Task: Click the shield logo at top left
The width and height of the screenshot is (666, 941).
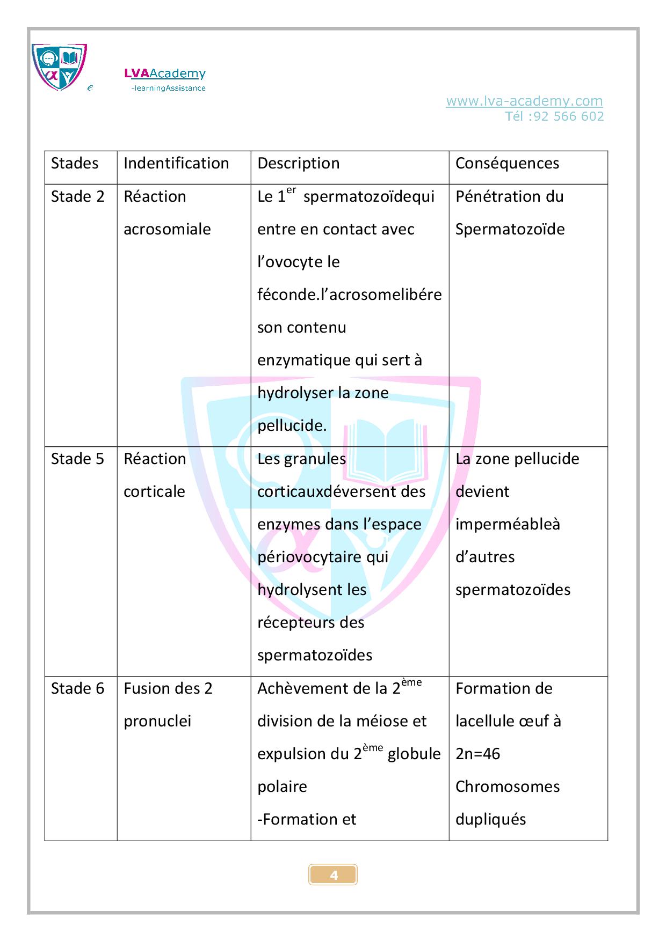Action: [x=59, y=67]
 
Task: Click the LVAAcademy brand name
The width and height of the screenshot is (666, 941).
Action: [x=165, y=73]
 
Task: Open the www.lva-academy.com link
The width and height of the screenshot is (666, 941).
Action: [x=524, y=101]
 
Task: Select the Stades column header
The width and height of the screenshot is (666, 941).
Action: [x=75, y=163]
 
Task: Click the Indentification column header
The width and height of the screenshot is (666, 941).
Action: [x=176, y=163]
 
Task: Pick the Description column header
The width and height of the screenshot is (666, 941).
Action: [x=299, y=163]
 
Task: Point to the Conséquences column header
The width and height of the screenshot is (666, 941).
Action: [x=507, y=163]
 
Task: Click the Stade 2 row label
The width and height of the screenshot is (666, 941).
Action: [x=78, y=196]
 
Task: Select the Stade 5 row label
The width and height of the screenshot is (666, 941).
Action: [x=78, y=459]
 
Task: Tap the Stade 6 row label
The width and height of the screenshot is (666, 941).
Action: [x=78, y=688]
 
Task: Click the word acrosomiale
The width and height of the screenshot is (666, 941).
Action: [x=167, y=229]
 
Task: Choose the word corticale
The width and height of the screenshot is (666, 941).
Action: [x=154, y=491]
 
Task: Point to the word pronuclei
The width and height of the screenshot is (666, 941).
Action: [x=157, y=721]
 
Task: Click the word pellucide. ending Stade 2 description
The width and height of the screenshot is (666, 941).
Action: [x=292, y=426]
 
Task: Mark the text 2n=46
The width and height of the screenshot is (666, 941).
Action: [x=477, y=754]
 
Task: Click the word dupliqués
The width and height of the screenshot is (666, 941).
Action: [x=490, y=819]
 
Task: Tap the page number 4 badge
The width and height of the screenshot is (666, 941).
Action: [x=333, y=875]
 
